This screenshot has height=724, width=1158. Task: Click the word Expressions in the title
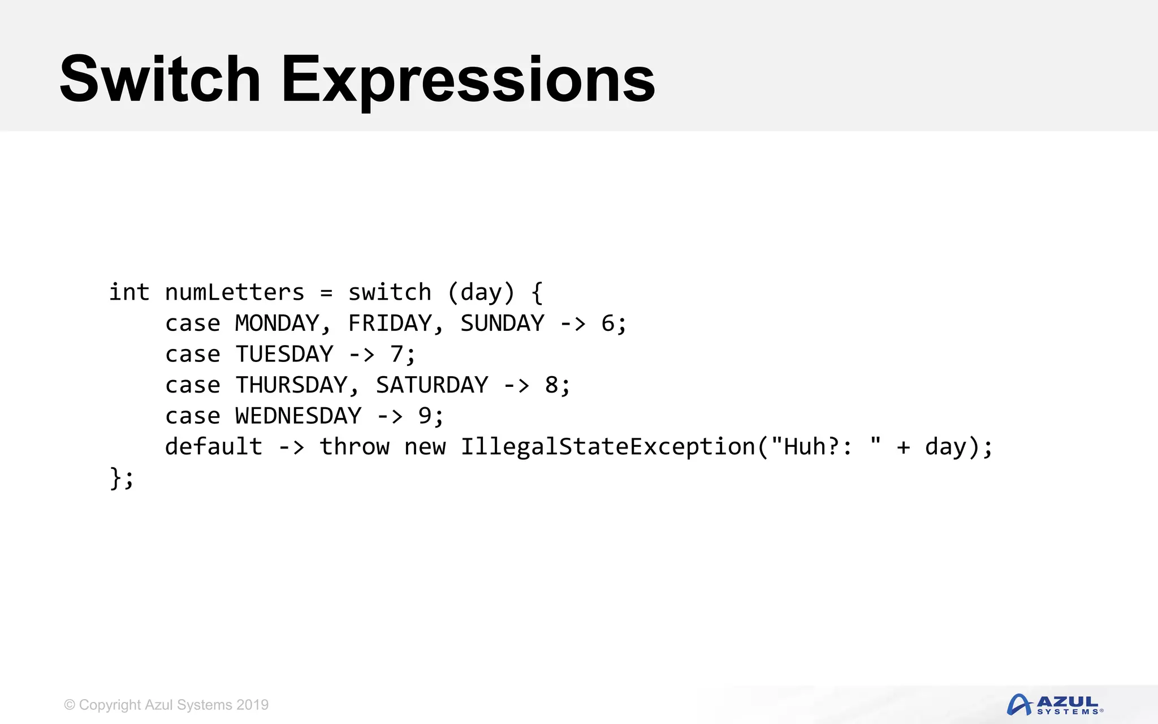(x=468, y=80)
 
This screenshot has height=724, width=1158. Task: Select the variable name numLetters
(x=235, y=292)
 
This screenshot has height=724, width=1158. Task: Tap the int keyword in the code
(x=129, y=292)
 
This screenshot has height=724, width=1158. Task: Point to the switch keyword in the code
(x=390, y=292)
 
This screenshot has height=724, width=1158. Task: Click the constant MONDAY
(x=278, y=324)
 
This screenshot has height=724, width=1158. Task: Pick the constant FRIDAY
(x=390, y=324)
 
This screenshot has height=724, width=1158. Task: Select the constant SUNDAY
(x=502, y=324)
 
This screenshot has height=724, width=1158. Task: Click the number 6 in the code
(x=608, y=324)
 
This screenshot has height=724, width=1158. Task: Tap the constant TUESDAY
(x=284, y=355)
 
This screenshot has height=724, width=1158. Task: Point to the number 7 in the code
(x=396, y=355)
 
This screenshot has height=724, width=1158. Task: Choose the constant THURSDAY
(x=292, y=385)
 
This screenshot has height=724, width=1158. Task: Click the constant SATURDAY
(x=432, y=385)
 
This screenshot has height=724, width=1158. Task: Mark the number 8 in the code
(x=551, y=385)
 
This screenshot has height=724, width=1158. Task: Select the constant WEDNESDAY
(x=299, y=416)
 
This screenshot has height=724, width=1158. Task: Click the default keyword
(x=214, y=447)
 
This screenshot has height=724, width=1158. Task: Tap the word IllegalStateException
(x=608, y=447)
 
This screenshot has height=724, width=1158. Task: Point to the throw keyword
(x=355, y=447)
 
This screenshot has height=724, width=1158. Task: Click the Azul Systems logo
(x=1055, y=705)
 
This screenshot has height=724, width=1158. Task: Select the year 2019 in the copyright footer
(x=253, y=705)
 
